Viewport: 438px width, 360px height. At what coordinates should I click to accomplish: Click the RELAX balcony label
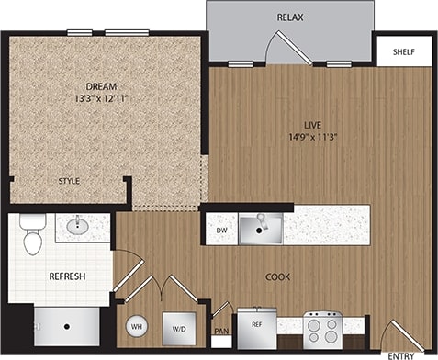[290, 17]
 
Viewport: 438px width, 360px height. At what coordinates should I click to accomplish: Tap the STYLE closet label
[70, 182]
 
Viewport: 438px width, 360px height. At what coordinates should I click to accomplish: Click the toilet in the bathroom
[32, 235]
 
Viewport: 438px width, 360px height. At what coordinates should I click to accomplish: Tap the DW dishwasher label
[220, 231]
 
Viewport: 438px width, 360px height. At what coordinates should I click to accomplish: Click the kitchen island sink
[261, 226]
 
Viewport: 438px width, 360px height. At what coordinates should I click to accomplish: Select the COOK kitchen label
[279, 276]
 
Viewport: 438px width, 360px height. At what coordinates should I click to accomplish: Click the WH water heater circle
[136, 326]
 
